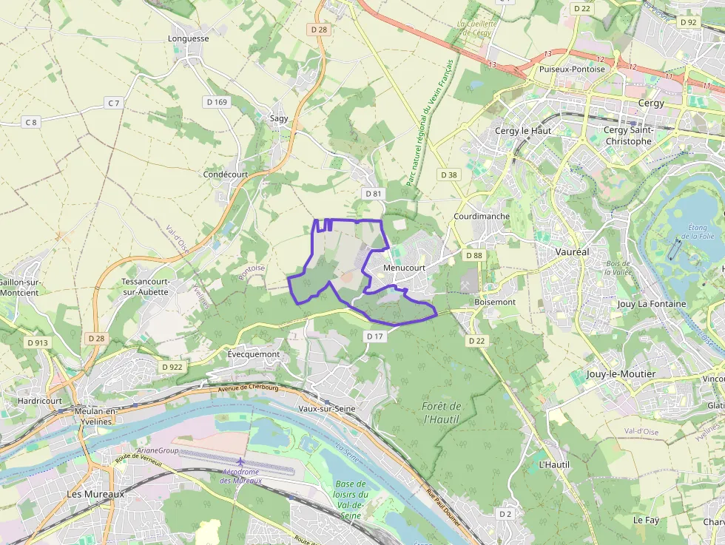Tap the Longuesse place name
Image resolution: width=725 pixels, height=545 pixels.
click(x=189, y=38)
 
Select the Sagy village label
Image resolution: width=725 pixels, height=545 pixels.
click(x=279, y=118)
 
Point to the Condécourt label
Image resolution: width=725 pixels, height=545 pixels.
click(x=225, y=175)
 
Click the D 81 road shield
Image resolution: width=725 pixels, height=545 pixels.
click(x=373, y=193)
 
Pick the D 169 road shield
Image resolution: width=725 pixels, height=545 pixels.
click(x=216, y=101)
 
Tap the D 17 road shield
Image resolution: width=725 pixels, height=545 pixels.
click(x=375, y=336)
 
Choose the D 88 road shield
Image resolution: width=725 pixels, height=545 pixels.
click(x=474, y=255)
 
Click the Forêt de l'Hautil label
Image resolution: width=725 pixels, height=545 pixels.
click(x=442, y=413)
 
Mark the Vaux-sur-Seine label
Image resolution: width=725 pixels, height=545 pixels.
click(x=326, y=408)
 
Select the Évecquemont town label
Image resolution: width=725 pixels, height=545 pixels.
click(x=254, y=354)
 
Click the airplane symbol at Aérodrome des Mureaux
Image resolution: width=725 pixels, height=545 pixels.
click(x=240, y=462)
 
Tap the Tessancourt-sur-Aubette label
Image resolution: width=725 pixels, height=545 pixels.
click(x=146, y=287)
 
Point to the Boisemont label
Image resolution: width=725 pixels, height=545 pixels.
click(x=495, y=302)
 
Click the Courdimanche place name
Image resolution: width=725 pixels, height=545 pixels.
click(x=481, y=216)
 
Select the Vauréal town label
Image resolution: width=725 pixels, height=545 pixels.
click(x=572, y=251)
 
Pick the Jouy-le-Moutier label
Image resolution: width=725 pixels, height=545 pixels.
click(x=621, y=374)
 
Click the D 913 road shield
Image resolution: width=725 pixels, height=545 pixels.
click(x=37, y=342)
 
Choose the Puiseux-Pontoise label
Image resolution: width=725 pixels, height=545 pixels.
click(x=572, y=69)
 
